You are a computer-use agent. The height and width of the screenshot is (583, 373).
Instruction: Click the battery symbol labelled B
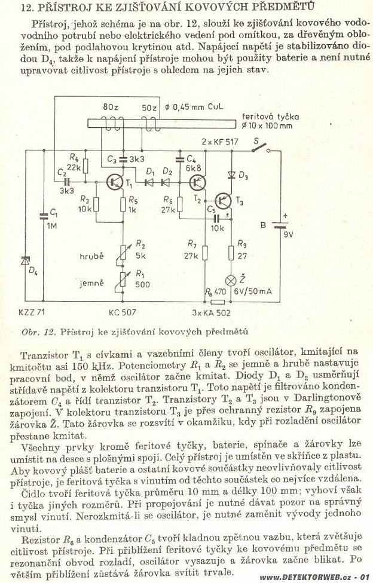[280, 225]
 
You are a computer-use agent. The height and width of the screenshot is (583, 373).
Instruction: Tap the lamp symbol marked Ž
[231, 280]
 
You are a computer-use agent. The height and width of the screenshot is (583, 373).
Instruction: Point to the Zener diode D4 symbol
[26, 262]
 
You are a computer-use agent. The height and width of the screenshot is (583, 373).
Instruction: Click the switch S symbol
[261, 148]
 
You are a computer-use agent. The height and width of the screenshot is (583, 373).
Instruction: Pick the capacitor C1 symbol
[44, 216]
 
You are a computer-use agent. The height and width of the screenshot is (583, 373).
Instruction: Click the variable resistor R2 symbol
[123, 254]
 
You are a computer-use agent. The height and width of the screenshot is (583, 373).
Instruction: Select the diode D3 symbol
[231, 174]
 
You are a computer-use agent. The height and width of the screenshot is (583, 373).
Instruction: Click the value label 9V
[288, 235]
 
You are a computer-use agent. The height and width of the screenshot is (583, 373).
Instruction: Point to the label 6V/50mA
[253, 291]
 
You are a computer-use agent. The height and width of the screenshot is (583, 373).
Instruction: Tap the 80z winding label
[111, 108]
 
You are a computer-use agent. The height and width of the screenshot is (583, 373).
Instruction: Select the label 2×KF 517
[220, 142]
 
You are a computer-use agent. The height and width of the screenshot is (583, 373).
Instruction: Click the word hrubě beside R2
[91, 256]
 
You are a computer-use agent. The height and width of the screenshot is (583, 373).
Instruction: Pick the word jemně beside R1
[91, 283]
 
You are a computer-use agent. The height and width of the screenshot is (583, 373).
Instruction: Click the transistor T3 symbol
[224, 200]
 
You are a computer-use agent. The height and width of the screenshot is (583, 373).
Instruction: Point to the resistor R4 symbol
[85, 166]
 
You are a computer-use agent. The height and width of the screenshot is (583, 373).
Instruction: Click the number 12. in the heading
[29, 7]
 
